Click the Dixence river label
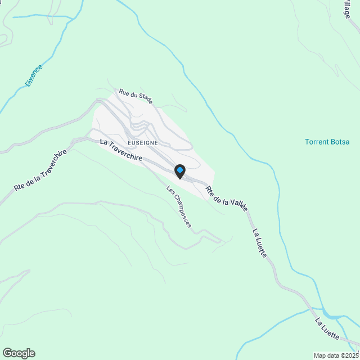coord(34,75)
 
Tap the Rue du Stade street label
coord(134,96)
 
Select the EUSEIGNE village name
coord(146,143)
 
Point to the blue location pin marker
coord(179,170)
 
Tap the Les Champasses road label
coord(179,207)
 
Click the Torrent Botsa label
coord(327,142)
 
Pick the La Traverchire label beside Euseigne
coord(121,151)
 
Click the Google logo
coord(18,353)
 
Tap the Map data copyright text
coord(336,355)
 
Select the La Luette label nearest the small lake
coord(327,329)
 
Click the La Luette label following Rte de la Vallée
coord(259,243)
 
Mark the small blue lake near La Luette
coord(332,314)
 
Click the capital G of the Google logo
coord(7,353)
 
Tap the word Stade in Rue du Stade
coord(143,100)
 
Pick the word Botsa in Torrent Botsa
coord(340,142)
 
